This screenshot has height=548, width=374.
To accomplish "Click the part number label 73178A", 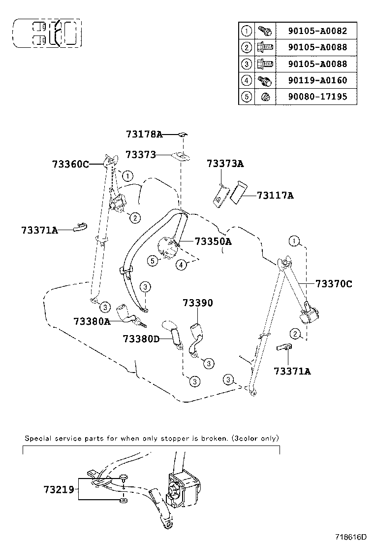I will (144, 134).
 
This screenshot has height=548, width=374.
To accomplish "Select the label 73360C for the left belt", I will (70, 165).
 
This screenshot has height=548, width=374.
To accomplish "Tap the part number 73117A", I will (275, 196).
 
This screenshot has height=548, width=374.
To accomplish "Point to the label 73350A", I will (213, 241).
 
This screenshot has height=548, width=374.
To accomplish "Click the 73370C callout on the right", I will (334, 284).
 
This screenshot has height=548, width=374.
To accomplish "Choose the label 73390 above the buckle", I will (198, 303).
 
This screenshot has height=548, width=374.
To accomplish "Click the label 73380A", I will (92, 321).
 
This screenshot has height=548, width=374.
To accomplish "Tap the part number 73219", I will (59, 489).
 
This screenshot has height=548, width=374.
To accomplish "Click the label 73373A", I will (225, 164).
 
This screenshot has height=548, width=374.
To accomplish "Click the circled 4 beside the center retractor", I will (182, 265).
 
